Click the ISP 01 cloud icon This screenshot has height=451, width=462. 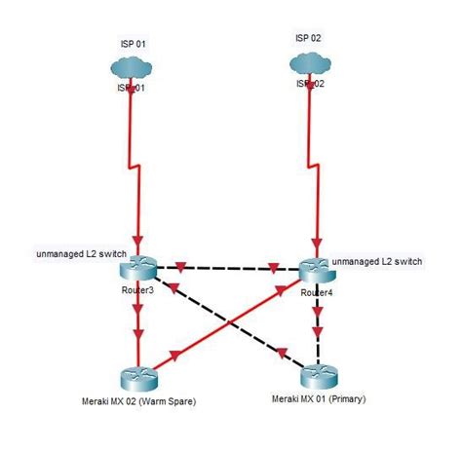(133, 69)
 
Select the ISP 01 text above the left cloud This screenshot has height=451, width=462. (133, 44)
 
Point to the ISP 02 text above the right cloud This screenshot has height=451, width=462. (308, 38)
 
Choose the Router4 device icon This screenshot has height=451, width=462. (316, 268)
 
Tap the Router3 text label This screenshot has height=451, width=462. (137, 290)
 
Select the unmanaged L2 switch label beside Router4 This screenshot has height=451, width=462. (376, 262)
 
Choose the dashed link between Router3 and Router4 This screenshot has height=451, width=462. (226, 266)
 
